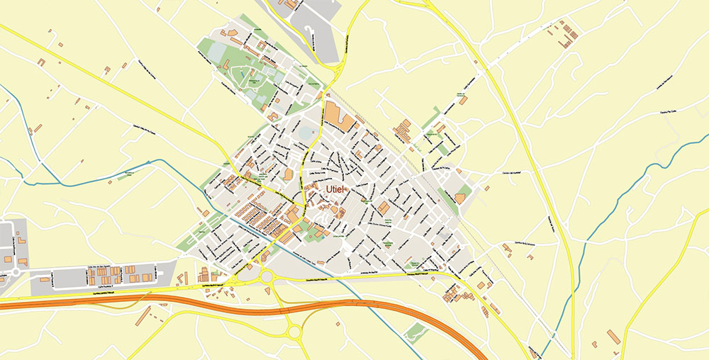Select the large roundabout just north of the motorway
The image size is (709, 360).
point(267,277)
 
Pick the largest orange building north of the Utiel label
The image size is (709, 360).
point(339,116)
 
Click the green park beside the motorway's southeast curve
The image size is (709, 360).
point(418,331)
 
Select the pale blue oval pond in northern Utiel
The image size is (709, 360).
point(305,133)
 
